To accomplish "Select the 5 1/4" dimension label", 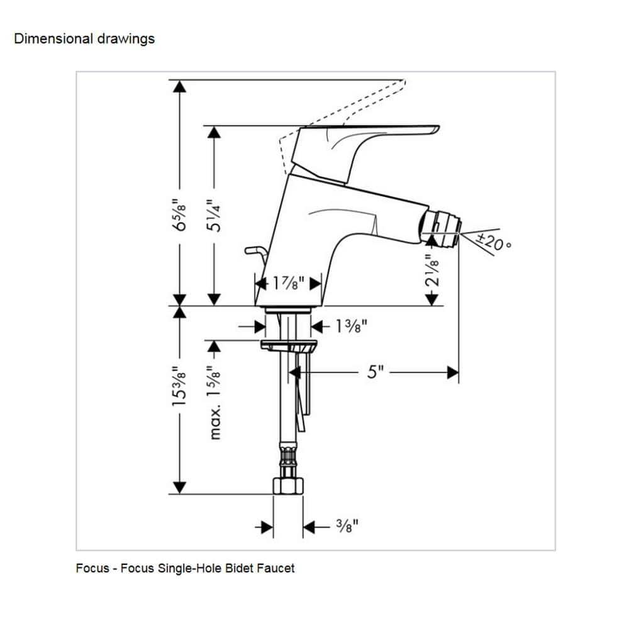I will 215,215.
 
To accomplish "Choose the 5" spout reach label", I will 375,372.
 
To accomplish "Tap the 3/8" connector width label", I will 346,526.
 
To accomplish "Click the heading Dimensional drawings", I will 84,39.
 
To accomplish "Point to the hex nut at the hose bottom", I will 287,487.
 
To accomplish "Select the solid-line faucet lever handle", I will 365,135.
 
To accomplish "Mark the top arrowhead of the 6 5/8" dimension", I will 181,87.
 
